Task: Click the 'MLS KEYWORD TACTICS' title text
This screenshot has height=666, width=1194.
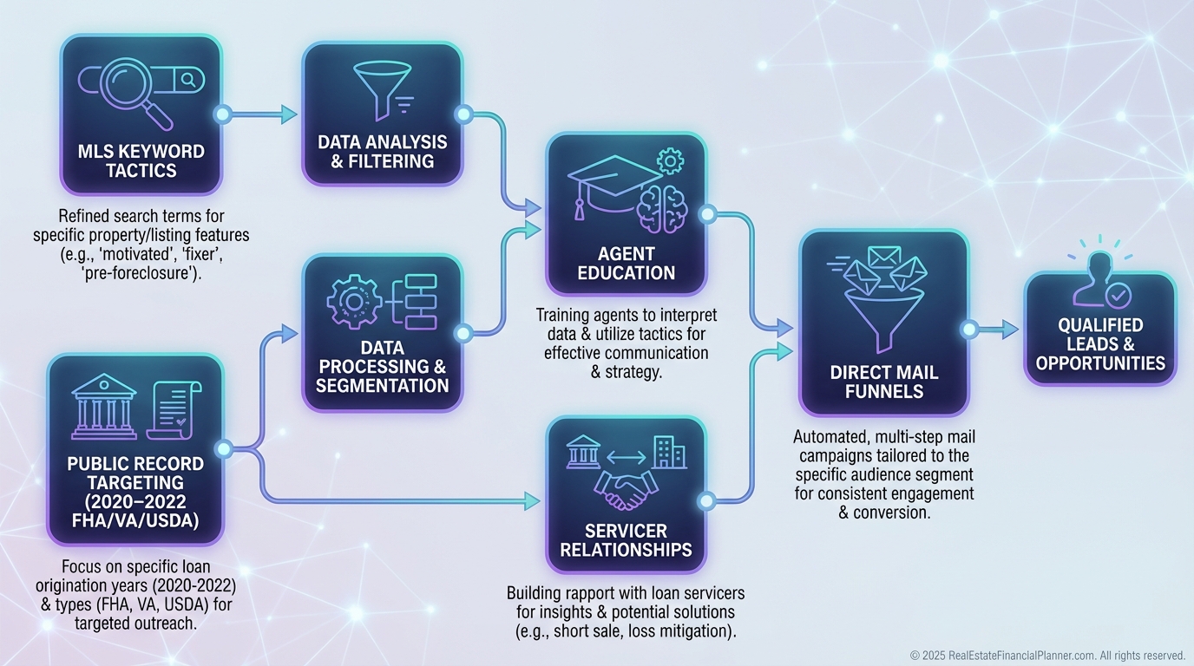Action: (141, 160)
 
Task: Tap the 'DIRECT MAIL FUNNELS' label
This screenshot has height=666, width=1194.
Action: (883, 382)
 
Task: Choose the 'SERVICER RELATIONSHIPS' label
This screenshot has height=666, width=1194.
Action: (626, 539)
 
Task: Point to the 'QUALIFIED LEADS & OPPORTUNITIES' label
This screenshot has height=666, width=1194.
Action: (1099, 344)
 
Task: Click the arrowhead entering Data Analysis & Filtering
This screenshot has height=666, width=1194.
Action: (289, 114)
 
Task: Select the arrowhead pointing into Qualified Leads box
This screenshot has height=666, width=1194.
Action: (1008, 329)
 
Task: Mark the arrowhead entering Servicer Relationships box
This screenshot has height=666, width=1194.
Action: (533, 500)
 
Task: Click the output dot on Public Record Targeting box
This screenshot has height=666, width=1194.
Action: (223, 448)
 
